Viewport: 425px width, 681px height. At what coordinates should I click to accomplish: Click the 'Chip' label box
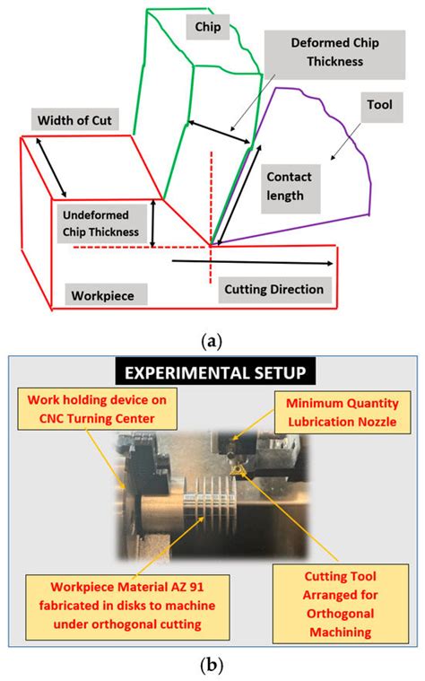point(208,28)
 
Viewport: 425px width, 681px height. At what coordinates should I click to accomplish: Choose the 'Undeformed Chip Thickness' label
point(100,223)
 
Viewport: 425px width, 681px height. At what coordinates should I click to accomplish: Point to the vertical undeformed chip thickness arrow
point(154,223)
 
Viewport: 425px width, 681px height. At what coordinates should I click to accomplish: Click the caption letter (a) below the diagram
point(212,341)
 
